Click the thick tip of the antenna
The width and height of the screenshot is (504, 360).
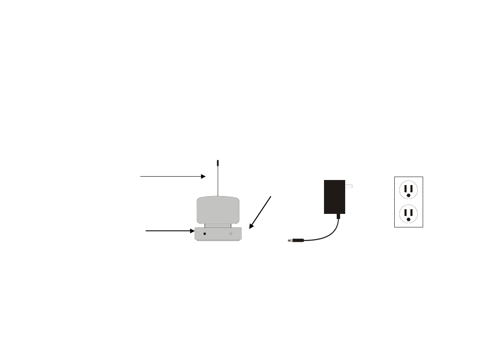(x=218, y=163)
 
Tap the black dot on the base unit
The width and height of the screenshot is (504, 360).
(x=205, y=233)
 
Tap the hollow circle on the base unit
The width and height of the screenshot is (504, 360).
(x=231, y=233)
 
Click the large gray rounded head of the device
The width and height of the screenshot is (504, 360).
(x=218, y=210)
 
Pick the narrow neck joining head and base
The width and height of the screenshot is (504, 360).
(x=218, y=225)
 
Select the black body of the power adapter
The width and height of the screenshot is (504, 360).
(x=334, y=197)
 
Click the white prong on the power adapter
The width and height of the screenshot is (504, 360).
(x=349, y=186)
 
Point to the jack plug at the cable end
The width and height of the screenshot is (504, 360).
(x=296, y=241)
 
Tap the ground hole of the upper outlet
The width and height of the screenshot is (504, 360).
(x=409, y=196)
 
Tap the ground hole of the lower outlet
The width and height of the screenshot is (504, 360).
(x=409, y=219)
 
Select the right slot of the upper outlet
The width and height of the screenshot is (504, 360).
(x=412, y=188)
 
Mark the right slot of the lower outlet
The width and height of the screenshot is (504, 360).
(x=412, y=212)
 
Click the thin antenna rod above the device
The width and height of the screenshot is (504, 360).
(x=218, y=182)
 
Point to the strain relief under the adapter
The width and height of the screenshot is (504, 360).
(x=338, y=217)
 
